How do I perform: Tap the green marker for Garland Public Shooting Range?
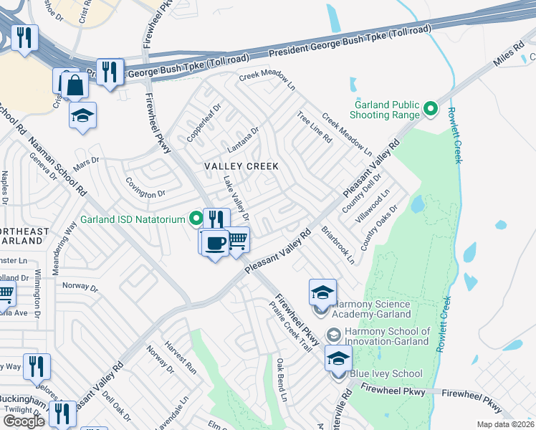tap(430, 109)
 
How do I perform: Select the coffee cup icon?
tap(215, 243)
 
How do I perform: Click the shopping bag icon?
tap(75, 87)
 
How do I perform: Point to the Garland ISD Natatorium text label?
tap(133, 219)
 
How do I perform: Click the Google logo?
tap(24, 421)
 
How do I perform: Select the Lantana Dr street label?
tap(242, 140)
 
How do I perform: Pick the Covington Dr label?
tap(146, 193)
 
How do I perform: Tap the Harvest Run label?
tap(181, 358)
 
